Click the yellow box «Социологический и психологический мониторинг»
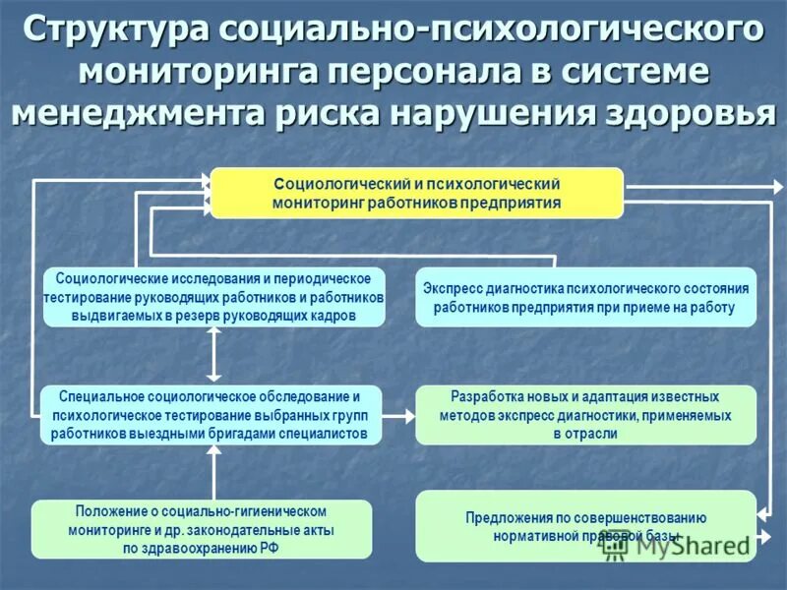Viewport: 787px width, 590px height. pos(417,193)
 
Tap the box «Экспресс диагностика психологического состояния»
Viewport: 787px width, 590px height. pos(585,297)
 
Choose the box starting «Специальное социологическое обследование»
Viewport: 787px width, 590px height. pos(212,415)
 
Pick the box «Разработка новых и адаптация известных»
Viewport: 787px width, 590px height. pos(585,415)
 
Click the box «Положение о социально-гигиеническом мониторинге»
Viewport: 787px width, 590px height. pos(202,530)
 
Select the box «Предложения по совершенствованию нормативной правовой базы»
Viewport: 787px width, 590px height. pos(585,525)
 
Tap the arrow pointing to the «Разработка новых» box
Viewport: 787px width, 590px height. pos(398,416)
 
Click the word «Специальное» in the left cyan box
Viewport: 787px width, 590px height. pos(102,397)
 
